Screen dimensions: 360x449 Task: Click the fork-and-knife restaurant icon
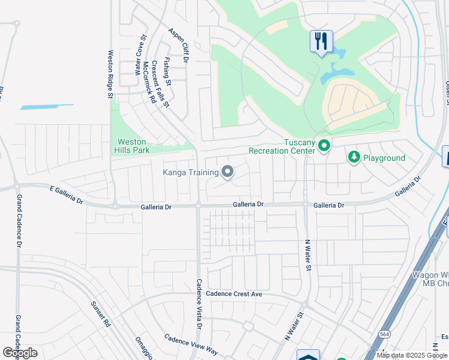(321, 41)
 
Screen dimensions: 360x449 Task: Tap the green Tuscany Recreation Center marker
(324, 146)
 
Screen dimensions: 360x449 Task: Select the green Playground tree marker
(354, 157)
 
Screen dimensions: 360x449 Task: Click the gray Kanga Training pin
(228, 173)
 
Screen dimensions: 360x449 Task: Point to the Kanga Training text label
(191, 173)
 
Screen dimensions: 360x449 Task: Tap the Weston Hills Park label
(133, 146)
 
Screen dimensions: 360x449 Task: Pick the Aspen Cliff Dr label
(179, 46)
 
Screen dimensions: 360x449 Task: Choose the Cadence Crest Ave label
(234, 294)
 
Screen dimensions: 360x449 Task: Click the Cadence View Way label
(191, 344)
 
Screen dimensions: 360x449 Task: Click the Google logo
(20, 353)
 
